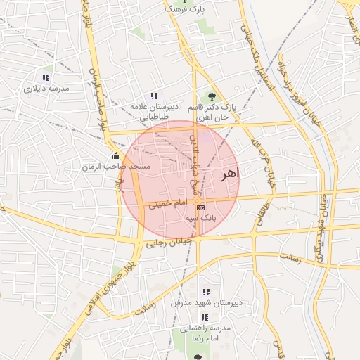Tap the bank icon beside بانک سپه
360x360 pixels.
click(x=200, y=208)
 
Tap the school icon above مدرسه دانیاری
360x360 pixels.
click(x=46, y=77)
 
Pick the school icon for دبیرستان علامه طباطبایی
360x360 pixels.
click(x=154, y=96)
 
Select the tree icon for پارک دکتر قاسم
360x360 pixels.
click(x=212, y=96)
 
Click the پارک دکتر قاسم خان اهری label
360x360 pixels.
click(x=212, y=112)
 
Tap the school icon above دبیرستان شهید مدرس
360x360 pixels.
click(x=206, y=291)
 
